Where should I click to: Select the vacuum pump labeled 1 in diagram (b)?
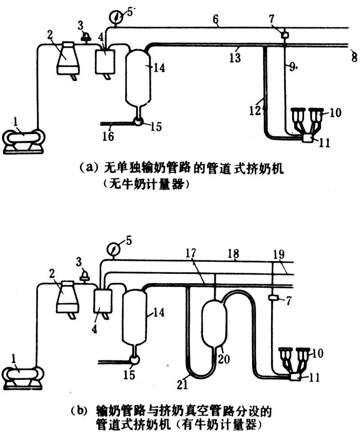[23, 375]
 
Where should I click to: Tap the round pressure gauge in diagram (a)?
[115, 17]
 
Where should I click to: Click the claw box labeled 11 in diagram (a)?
[307, 138]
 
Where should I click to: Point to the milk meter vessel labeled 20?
[214, 321]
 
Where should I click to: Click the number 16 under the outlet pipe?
[108, 136]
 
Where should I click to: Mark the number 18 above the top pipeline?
[235, 254]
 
